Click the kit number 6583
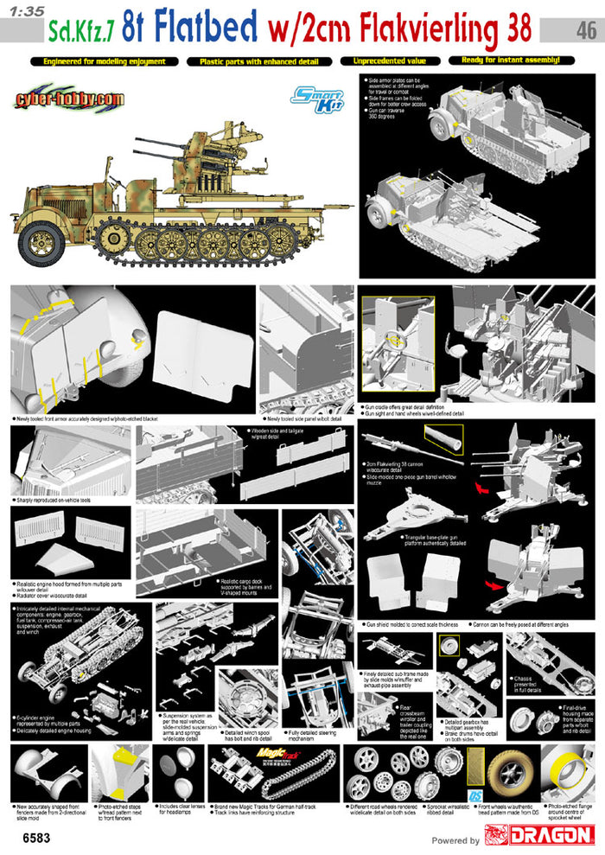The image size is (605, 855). [25, 838]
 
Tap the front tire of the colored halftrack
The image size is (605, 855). [41, 235]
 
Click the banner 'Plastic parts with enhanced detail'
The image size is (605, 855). [258, 61]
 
